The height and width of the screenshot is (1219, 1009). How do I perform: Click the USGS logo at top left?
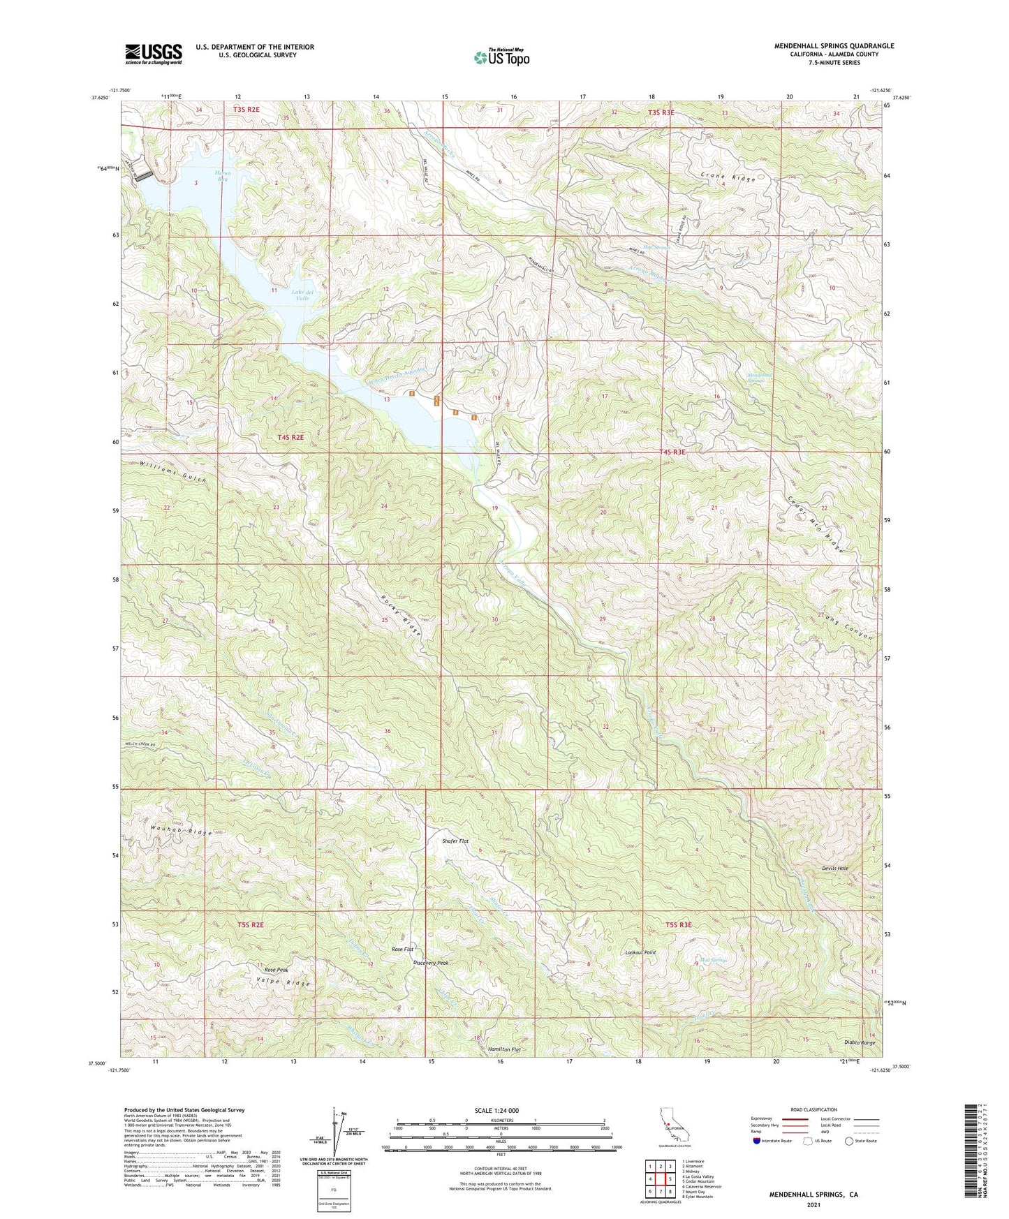[x=154, y=53]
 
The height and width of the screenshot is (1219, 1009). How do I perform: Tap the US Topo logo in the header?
[x=501, y=57]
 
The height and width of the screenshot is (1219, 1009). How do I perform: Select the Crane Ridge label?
[x=728, y=179]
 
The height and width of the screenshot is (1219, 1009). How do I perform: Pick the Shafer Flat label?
[x=455, y=841]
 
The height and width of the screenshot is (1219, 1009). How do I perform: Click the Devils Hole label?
[x=835, y=868]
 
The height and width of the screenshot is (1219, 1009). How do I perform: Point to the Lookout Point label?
[x=640, y=952]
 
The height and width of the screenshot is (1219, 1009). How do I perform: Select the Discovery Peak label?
[x=431, y=963]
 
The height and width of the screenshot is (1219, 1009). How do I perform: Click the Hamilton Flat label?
[x=505, y=1049]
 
